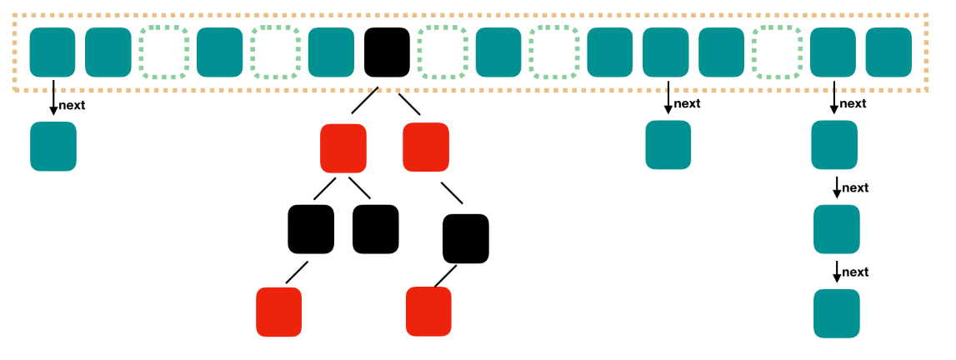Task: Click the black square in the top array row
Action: point(387,52)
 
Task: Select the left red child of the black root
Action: point(343,147)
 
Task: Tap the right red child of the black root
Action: point(425,147)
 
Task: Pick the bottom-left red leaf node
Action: point(278,311)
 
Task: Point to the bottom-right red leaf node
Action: point(428,311)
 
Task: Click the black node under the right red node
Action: point(465,238)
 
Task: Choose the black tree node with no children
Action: point(376,229)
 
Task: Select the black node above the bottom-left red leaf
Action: point(311,229)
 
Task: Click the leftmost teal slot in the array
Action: point(53,52)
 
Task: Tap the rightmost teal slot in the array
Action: point(889,52)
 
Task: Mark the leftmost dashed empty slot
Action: point(163,52)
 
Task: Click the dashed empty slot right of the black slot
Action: point(442,52)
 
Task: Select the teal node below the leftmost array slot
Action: point(53,147)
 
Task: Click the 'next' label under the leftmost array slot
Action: point(72,105)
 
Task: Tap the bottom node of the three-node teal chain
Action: point(836,313)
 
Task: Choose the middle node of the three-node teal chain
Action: point(836,229)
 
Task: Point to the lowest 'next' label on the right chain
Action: point(855,272)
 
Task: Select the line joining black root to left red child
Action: point(365,102)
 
